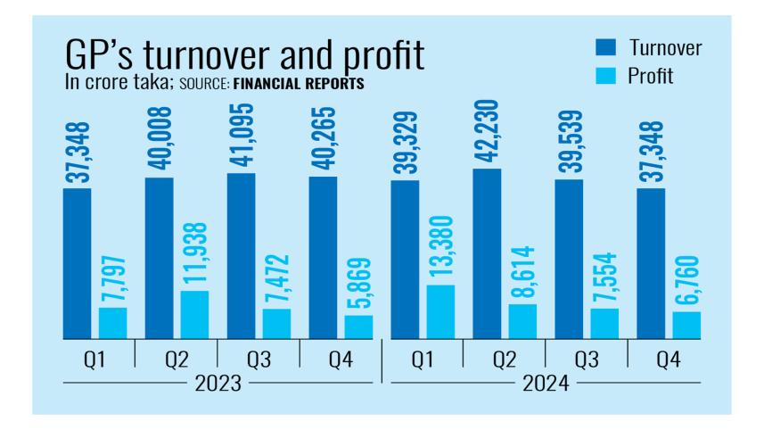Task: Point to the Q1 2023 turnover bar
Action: (77, 263)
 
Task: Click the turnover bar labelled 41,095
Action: (241, 256)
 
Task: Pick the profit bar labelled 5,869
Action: (358, 327)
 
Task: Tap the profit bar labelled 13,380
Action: (440, 311)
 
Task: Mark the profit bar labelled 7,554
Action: (605, 323)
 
